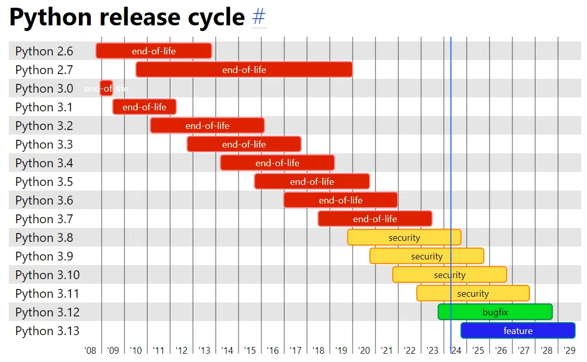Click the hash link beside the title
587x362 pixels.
pyautogui.click(x=259, y=17)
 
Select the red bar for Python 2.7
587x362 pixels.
pyautogui.click(x=244, y=69)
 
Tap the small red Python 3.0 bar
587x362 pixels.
pyautogui.click(x=106, y=88)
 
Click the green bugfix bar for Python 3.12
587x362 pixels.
pyautogui.click(x=495, y=312)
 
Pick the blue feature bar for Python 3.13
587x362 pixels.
pyautogui.click(x=518, y=330)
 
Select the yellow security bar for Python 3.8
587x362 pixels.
pyautogui.click(x=404, y=238)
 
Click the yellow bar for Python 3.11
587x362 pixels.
pyautogui.click(x=473, y=293)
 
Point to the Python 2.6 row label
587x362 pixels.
pyautogui.click(x=44, y=51)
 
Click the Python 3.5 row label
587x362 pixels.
pyautogui.click(x=44, y=182)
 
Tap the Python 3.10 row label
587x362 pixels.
pyautogui.click(x=48, y=275)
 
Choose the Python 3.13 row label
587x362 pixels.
pyautogui.click(x=48, y=331)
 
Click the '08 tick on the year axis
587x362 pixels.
pyautogui.click(x=90, y=351)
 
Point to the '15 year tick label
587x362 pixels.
pyautogui.click(x=250, y=351)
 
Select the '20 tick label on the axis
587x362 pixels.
pyautogui.click(x=364, y=351)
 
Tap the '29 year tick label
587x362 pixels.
pyautogui.click(x=569, y=351)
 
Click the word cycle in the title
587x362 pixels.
pyautogui.click(x=216, y=18)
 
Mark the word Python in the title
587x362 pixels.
pyautogui.click(x=50, y=18)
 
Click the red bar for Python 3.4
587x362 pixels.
pyautogui.click(x=277, y=163)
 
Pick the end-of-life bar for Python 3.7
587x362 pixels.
pyautogui.click(x=375, y=219)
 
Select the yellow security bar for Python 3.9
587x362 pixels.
pyautogui.click(x=427, y=256)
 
